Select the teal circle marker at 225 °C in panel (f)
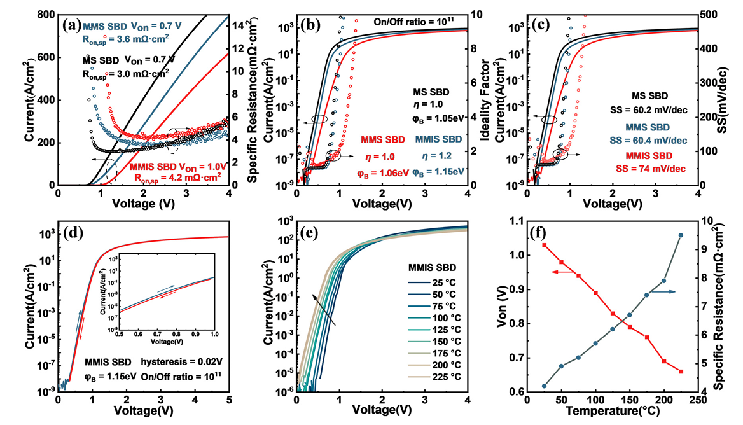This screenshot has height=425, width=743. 681,235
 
